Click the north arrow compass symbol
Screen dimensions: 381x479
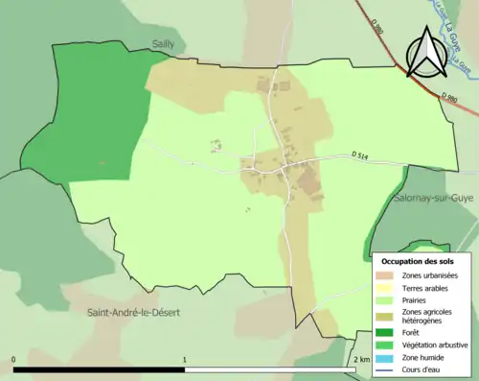coord(423,52)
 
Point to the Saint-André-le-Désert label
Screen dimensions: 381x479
coord(134,313)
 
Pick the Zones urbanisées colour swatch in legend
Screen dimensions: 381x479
coord(384,276)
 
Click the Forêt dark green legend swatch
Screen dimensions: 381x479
coord(384,332)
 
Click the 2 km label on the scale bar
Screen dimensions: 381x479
coord(361,359)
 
